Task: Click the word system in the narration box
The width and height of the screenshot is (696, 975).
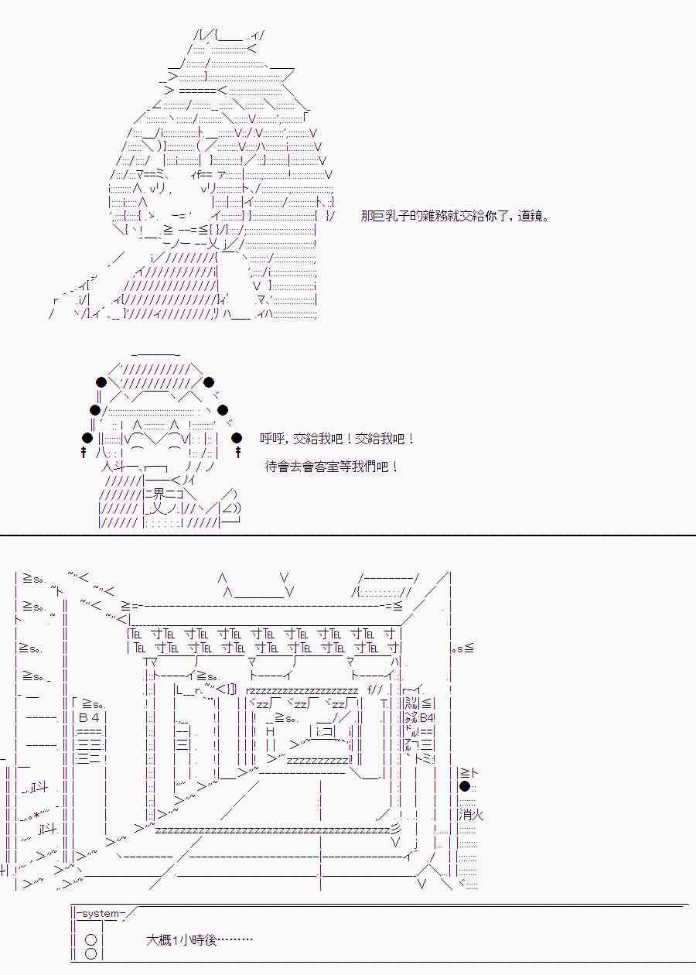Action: coord(100,914)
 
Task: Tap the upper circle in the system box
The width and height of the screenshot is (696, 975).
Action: coord(91,939)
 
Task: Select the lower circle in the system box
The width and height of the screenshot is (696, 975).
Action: coord(91,953)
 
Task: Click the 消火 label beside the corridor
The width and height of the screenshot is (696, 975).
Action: coord(471,814)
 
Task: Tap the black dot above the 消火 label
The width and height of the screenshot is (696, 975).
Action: coord(465,786)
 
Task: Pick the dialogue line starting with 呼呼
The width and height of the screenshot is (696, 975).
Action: coord(337,438)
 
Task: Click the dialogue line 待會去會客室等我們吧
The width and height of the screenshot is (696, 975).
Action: coord(331,467)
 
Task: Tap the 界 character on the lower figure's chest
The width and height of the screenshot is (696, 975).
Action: coord(159,494)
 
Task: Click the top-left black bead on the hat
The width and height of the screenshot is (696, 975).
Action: coord(101,382)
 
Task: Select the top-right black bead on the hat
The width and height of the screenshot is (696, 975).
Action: coord(209,382)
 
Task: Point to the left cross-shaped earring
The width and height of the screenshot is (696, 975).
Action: coord(84,452)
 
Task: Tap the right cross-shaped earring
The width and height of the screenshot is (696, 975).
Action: coord(237,452)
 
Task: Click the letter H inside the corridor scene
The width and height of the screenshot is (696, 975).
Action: coord(270,731)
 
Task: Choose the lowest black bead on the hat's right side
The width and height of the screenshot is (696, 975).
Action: coord(237,437)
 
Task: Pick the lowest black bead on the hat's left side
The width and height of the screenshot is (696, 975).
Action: coord(87,437)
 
